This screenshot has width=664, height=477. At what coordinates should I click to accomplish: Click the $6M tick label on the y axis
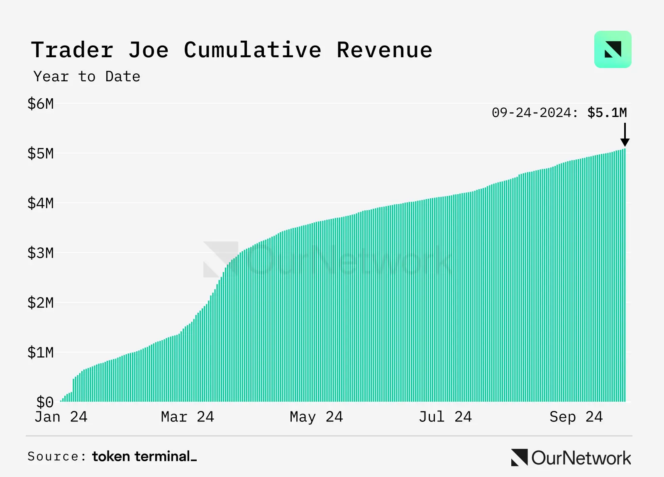tap(41, 104)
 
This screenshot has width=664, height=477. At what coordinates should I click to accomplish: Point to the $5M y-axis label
tap(41, 153)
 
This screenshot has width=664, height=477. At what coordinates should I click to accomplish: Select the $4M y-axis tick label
tap(41, 203)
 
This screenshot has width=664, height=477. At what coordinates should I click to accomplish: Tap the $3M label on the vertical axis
tap(41, 253)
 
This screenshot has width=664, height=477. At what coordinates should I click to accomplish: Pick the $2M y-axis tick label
tap(41, 303)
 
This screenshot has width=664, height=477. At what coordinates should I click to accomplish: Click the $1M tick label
tap(41, 353)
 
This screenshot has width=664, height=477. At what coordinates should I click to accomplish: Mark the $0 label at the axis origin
tap(45, 402)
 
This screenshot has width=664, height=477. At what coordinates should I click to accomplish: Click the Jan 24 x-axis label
tap(61, 417)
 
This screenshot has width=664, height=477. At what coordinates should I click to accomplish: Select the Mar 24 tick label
tap(188, 417)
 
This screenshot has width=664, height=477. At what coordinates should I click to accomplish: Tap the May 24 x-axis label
tap(316, 417)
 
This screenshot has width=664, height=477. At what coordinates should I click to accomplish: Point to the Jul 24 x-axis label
tap(445, 417)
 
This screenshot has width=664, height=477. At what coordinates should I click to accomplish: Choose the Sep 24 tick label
tap(576, 417)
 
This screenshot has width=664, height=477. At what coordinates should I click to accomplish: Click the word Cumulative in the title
tap(252, 50)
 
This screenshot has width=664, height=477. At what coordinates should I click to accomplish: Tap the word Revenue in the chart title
tap(384, 50)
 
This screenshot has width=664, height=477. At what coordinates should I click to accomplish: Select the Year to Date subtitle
tap(87, 77)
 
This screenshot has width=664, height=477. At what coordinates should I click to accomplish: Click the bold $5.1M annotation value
tap(607, 112)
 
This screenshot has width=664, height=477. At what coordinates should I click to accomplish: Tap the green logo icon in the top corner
tap(613, 49)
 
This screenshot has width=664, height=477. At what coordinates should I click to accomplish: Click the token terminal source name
tap(144, 456)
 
